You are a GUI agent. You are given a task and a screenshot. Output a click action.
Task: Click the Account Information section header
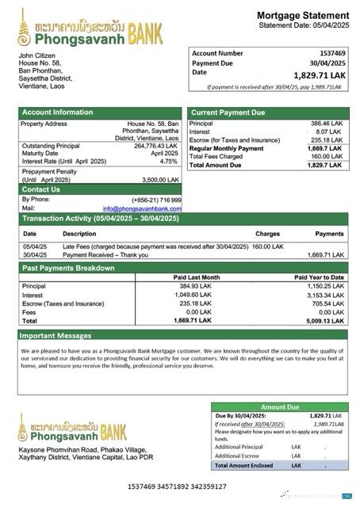[52, 112]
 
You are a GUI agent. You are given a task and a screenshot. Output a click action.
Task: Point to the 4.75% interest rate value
[168, 161]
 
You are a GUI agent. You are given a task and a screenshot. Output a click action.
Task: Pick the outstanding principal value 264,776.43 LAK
[156, 146]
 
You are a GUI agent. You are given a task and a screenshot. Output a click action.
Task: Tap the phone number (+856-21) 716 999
[156, 200]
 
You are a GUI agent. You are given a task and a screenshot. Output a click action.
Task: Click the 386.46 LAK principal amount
[324, 124]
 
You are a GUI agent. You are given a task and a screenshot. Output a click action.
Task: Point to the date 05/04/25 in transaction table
[34, 246]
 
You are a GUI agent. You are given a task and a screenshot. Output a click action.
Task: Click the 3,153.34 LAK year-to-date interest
[325, 294]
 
